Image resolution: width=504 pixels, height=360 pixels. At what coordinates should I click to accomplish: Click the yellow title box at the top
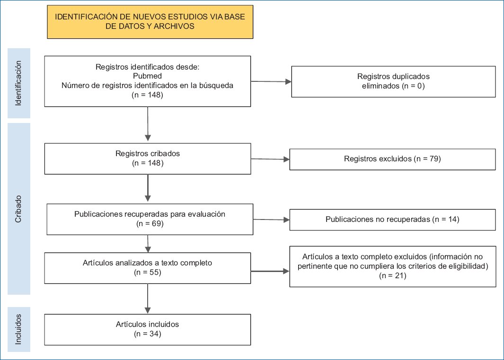point(150,22)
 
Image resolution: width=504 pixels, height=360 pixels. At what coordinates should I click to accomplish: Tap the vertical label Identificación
point(18,83)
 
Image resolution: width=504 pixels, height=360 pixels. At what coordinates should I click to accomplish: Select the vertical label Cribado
point(18,209)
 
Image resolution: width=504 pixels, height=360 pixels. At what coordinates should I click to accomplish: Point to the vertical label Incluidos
point(18,329)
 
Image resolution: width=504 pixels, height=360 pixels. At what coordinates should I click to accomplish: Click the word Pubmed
point(147,76)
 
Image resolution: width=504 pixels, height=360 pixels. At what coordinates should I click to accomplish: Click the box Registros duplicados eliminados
point(393,82)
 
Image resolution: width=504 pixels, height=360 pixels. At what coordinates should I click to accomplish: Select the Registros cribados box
point(148,159)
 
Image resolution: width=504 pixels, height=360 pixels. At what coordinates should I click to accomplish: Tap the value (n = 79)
point(427,159)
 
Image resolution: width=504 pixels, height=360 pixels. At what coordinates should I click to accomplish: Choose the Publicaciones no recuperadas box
point(392,220)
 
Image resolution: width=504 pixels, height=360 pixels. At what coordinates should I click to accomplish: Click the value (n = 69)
point(150,223)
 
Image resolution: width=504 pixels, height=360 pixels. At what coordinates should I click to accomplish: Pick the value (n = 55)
point(148,272)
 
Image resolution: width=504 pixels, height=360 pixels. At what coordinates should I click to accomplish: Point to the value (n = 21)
point(393,276)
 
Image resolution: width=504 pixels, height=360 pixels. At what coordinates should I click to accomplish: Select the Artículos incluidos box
point(148,330)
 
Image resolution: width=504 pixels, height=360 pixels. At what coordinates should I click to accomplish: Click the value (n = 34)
point(148,334)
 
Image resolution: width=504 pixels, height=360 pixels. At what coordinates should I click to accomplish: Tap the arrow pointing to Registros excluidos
point(270,159)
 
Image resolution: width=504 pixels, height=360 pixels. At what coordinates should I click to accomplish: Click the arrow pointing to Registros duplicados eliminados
point(271,82)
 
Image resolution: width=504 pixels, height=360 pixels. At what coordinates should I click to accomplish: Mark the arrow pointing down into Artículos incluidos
point(148,299)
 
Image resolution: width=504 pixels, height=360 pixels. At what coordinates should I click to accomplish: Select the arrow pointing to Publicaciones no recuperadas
point(271,220)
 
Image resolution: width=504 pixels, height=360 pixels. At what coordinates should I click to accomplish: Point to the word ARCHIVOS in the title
point(174,26)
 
